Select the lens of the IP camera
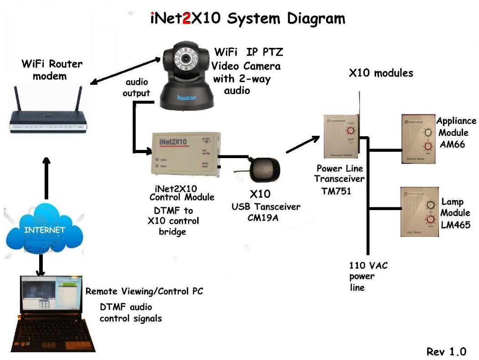tap(187, 59)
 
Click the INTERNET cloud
tap(44, 230)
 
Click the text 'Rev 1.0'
tap(446, 351)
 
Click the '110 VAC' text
tap(368, 265)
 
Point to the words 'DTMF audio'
tap(126, 307)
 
